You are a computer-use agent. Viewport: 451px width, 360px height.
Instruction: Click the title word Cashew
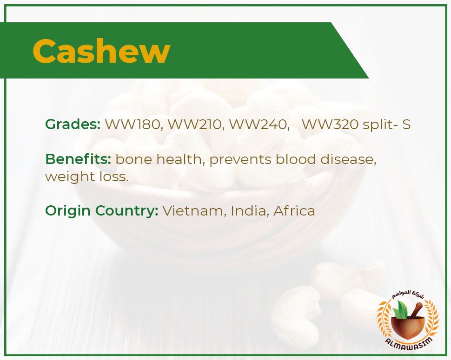(101, 51)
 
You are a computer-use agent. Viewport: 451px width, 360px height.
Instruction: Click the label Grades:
(73, 124)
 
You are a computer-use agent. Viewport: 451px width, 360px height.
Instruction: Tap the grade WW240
(259, 124)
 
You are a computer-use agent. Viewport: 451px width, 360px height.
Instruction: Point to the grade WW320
(330, 124)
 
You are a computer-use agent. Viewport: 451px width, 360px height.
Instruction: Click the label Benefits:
(78, 159)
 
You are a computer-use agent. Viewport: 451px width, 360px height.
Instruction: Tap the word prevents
(240, 160)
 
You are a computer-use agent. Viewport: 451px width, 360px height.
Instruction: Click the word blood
(296, 159)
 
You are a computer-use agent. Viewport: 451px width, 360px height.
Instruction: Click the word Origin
(68, 211)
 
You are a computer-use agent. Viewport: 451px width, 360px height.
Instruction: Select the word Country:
(127, 210)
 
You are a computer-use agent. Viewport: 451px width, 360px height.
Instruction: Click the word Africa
(294, 210)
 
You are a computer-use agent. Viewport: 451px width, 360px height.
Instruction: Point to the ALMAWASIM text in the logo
(409, 342)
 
